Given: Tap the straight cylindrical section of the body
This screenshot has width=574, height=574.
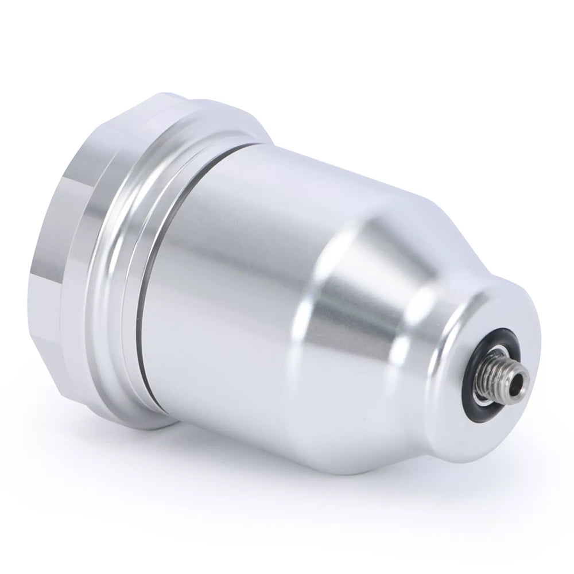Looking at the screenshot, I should (230, 258).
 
